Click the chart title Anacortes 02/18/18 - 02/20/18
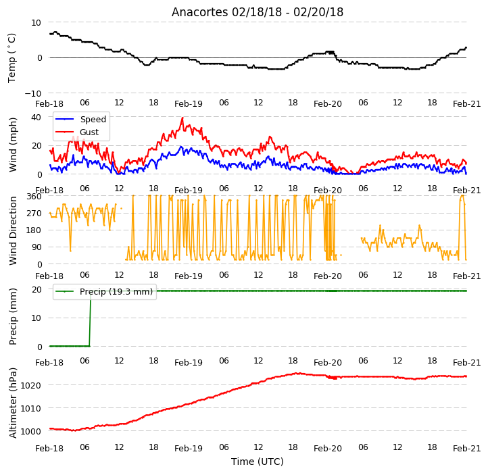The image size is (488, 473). point(258,12)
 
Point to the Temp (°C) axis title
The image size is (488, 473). point(11,58)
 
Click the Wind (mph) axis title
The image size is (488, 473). point(13,145)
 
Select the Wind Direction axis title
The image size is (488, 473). point(13,230)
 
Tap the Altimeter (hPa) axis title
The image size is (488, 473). point(13,403)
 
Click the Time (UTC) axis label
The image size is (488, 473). point(258,462)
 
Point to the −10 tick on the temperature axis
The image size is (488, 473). point(32,93)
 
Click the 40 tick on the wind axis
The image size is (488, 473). point(36,118)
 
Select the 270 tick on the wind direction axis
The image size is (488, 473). point(34,214)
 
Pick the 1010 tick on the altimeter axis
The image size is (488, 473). point(31,408)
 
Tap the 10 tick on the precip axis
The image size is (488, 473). point(36,318)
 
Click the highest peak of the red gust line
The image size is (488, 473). point(182,118)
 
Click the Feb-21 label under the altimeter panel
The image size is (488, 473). point(467,449)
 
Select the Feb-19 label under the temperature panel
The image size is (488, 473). point(189,103)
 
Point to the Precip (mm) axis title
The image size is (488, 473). point(13,317)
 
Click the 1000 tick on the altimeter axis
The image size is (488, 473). point(31,431)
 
